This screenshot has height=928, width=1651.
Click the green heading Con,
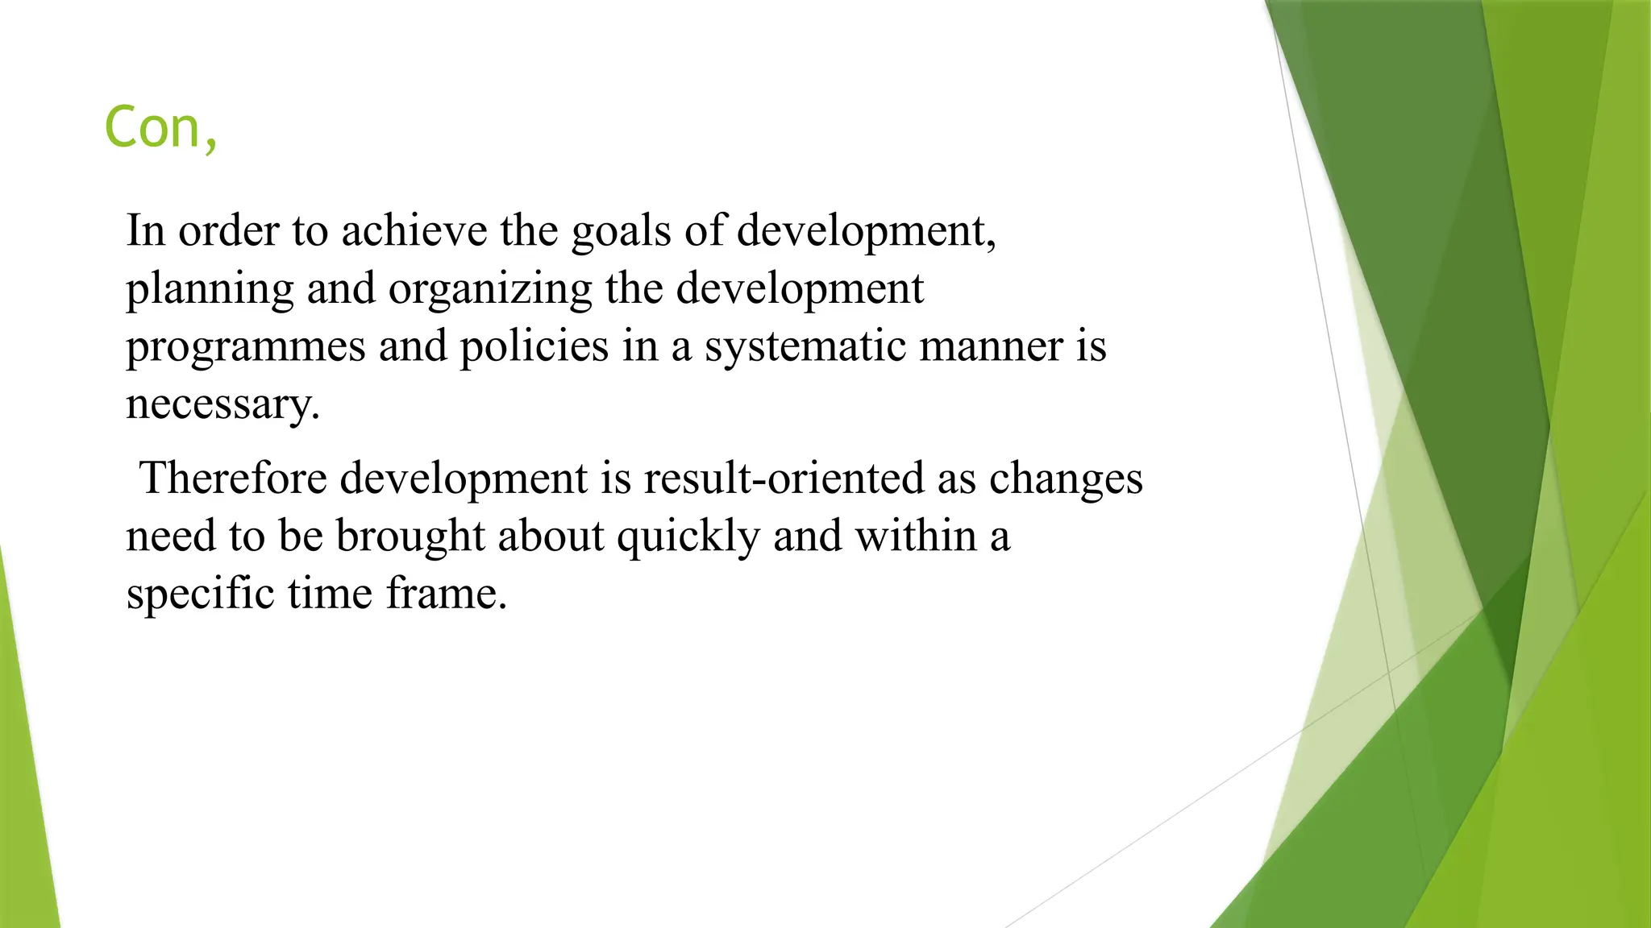160,128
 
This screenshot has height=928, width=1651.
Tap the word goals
621,231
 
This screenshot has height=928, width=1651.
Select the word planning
210,289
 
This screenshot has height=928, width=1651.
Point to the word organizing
490,289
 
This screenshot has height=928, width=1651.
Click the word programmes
246,347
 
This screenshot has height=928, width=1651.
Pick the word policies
534,347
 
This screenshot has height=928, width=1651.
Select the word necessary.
222,404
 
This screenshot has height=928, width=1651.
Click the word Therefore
233,478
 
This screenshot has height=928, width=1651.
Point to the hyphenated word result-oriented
784,478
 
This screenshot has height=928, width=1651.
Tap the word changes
1066,478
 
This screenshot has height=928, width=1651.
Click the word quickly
688,536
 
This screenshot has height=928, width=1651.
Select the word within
916,536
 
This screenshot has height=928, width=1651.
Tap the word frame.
446,594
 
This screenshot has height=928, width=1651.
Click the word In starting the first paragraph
146,231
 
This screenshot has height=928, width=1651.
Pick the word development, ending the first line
867,231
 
